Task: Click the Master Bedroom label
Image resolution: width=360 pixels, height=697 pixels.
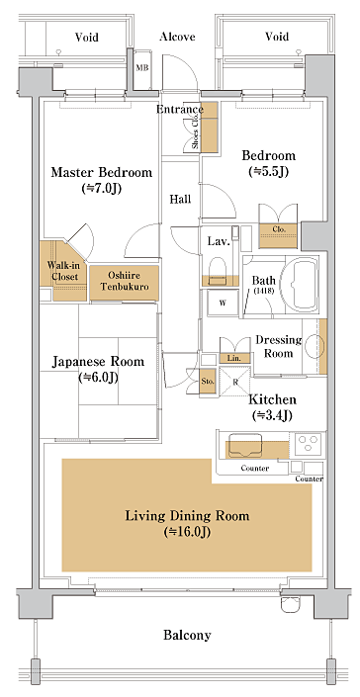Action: click(101, 172)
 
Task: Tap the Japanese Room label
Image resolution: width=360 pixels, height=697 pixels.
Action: click(98, 362)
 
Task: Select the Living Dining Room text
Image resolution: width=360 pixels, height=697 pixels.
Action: click(187, 516)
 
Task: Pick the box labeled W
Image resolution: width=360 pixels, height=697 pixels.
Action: click(224, 304)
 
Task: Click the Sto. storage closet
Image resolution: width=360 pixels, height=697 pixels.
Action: click(208, 382)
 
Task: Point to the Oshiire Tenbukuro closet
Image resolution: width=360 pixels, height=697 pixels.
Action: click(125, 282)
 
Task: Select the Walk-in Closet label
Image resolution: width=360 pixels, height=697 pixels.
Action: click(62, 271)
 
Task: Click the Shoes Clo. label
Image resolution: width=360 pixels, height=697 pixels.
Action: click(196, 133)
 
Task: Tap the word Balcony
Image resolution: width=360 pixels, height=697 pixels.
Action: click(187, 635)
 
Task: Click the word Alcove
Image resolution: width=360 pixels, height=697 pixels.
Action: click(177, 37)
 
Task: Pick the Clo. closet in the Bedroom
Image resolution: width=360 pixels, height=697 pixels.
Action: click(278, 235)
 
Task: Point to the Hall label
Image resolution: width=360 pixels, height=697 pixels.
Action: click(180, 199)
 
